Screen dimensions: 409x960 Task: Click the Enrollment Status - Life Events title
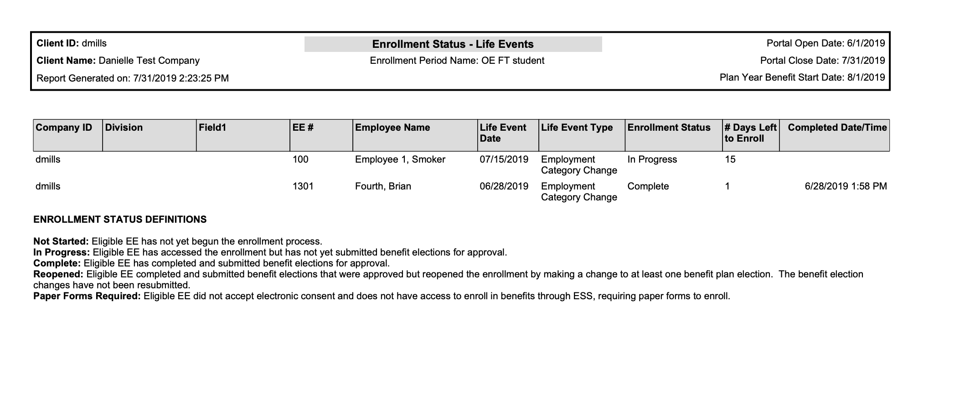pyautogui.click(x=453, y=44)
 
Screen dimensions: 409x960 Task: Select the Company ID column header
pyautogui.click(x=64, y=128)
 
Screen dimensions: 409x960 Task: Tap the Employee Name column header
pyautogui.click(x=392, y=128)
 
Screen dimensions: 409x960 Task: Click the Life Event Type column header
pyautogui.click(x=577, y=128)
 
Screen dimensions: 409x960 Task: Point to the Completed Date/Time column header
pyautogui.click(x=837, y=128)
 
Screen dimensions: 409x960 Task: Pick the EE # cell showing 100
pyautogui.click(x=300, y=159)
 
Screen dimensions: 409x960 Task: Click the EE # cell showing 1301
pyautogui.click(x=303, y=186)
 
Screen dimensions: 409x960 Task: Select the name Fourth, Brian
pyautogui.click(x=383, y=186)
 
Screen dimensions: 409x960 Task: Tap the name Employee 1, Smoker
pyautogui.click(x=400, y=159)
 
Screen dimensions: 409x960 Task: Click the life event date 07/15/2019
pyautogui.click(x=504, y=159)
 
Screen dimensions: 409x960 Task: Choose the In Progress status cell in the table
pyautogui.click(x=652, y=159)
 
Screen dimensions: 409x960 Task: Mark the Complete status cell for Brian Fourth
pyautogui.click(x=648, y=186)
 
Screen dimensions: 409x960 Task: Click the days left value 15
pyautogui.click(x=730, y=159)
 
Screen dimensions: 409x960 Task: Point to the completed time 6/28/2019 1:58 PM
pyautogui.click(x=846, y=186)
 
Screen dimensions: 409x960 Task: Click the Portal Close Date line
pyautogui.click(x=822, y=61)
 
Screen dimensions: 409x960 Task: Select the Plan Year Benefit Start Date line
pyautogui.click(x=802, y=77)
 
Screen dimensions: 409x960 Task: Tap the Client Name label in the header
pyautogui.click(x=66, y=61)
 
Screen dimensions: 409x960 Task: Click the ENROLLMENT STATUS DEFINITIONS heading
pyautogui.click(x=120, y=220)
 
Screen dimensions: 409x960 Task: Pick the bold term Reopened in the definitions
pyautogui.click(x=58, y=274)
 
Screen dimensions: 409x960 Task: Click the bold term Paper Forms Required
pyautogui.click(x=87, y=296)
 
